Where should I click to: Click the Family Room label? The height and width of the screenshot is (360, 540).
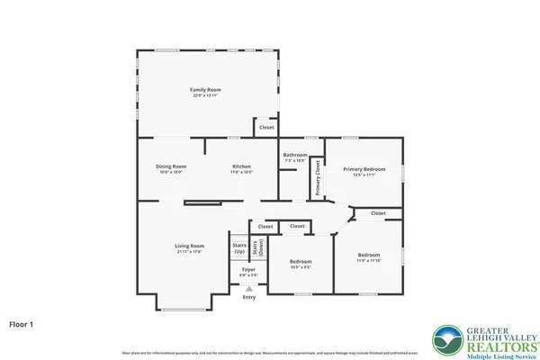205,90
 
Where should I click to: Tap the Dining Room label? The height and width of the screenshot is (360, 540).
171,166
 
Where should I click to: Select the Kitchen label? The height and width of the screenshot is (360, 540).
242,166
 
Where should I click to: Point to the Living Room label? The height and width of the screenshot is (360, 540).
189,246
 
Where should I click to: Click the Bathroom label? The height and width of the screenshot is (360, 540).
295,155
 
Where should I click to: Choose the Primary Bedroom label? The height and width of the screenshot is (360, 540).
364,169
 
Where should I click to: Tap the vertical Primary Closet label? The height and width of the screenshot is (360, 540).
318,178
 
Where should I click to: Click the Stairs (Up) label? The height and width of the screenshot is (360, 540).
239,247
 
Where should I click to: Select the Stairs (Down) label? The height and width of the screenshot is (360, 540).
256,247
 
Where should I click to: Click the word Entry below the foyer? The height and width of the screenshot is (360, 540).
249,297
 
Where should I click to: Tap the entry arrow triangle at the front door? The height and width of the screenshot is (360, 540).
249,288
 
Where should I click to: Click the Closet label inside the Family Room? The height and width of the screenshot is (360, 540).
266,128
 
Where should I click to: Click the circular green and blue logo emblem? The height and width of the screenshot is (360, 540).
446,339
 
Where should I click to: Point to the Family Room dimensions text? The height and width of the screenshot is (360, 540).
205,95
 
